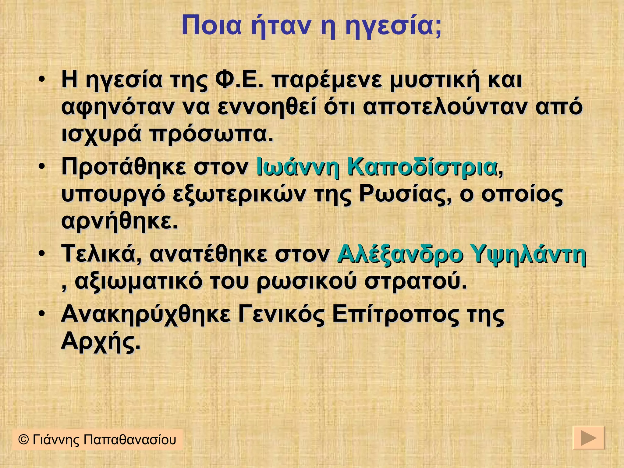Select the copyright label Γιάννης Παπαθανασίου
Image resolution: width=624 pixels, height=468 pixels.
[x=97, y=440]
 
